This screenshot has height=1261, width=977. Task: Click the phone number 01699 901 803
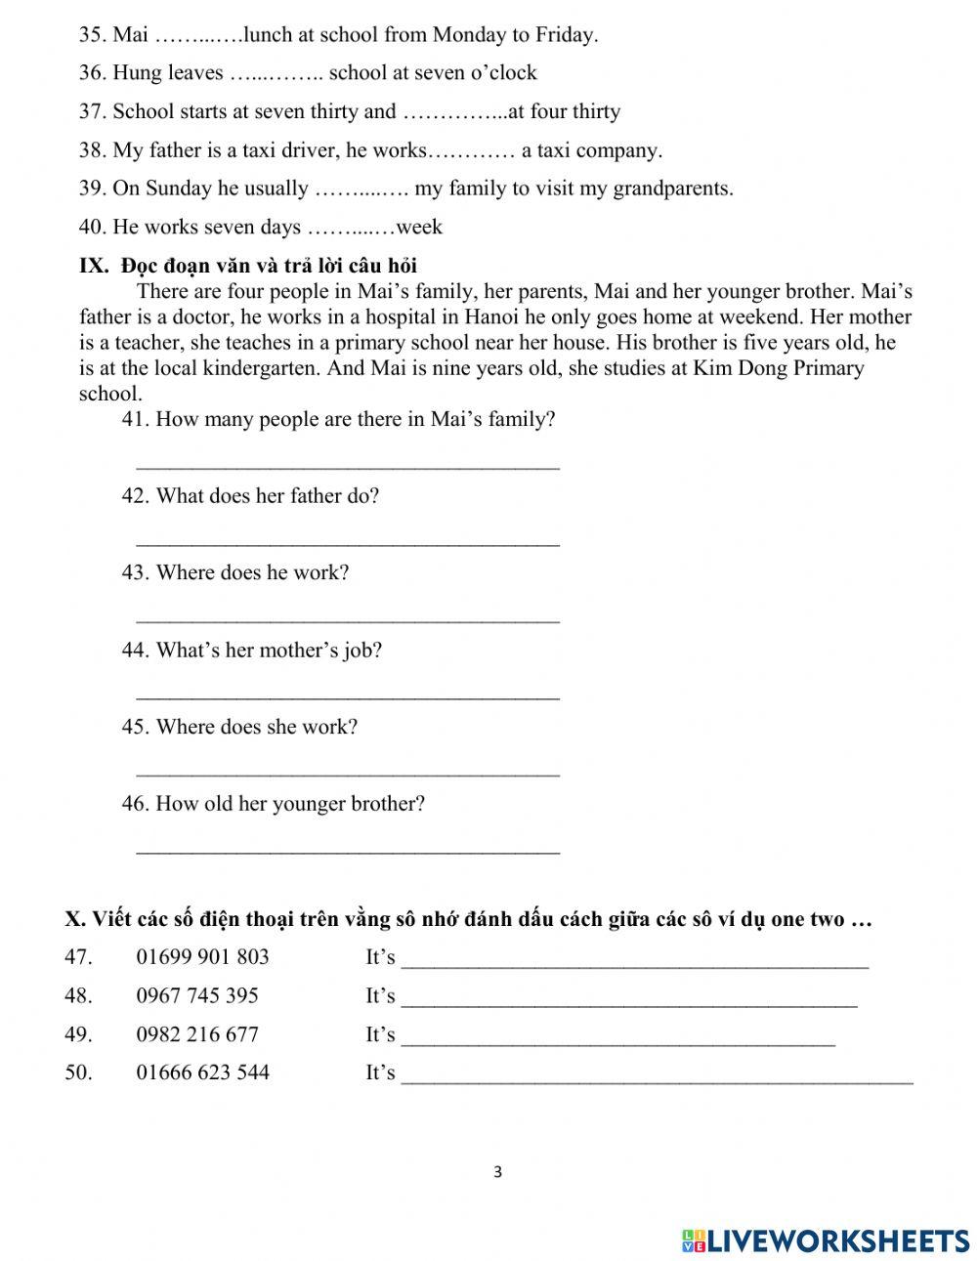tap(202, 957)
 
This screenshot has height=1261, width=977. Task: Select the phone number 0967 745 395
tap(197, 995)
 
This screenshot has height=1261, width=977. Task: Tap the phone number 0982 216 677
tap(197, 1034)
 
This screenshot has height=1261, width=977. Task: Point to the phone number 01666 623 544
tap(202, 1072)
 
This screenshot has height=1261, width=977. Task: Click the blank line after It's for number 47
tap(635, 965)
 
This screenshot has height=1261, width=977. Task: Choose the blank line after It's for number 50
tap(658, 1080)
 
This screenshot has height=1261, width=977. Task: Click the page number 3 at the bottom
tap(497, 1172)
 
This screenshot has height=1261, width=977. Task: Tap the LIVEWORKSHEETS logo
tap(826, 1240)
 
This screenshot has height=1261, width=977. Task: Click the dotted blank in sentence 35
tap(198, 36)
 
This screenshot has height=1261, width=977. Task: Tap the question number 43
tap(135, 572)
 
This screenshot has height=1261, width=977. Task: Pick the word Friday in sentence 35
tap(566, 36)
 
